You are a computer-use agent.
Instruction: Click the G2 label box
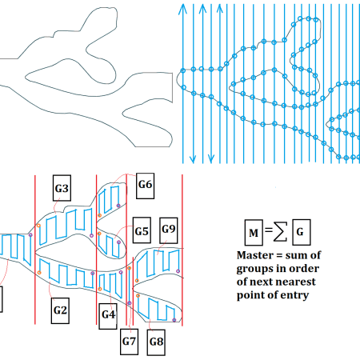coord(60,310)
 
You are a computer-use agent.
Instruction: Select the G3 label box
coord(62,188)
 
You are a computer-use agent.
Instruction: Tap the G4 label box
coord(108,316)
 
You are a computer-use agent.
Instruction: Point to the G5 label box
coord(142,230)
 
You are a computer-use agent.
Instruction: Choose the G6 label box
coord(145,186)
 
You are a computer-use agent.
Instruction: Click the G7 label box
coord(129,342)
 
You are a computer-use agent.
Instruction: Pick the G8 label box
coord(156,342)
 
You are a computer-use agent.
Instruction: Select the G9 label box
coord(169,230)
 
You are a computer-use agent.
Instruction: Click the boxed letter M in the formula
coord(254,233)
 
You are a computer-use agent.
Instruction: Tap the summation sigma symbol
coord(280,231)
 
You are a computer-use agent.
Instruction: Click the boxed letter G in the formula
coord(302,232)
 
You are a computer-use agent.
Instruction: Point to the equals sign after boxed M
coord(269,230)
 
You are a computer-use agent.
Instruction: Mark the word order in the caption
coord(304,268)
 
